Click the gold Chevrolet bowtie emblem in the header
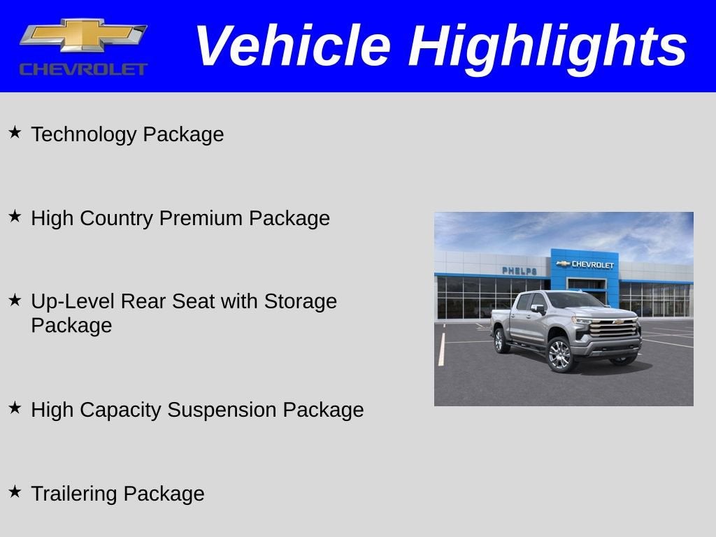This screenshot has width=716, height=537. tap(83, 35)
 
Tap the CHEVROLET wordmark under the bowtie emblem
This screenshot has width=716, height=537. tap(83, 69)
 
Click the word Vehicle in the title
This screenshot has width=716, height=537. tap(292, 46)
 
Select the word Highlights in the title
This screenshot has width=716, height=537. tap(547, 46)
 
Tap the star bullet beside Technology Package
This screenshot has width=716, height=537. tap(15, 131)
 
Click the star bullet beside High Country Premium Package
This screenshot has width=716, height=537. tap(15, 215)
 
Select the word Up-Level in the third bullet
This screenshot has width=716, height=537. tap(73, 301)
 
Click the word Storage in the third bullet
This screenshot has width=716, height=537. tap(300, 301)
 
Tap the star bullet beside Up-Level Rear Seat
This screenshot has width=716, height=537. tap(15, 299)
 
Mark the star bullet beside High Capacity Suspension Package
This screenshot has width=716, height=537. tap(15, 407)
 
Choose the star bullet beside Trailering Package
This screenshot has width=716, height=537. tap(15, 491)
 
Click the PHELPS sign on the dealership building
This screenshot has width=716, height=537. tap(520, 271)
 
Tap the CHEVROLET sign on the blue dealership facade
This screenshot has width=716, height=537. tap(586, 264)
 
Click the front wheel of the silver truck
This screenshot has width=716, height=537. tap(559, 355)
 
